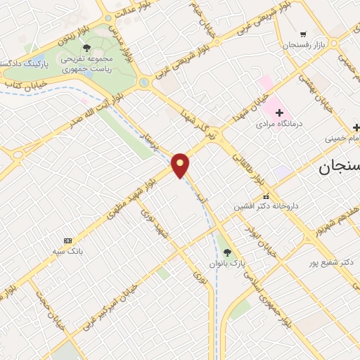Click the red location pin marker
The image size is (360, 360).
181,165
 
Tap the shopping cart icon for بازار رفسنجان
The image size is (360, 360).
303,33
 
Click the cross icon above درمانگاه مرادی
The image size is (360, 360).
279,112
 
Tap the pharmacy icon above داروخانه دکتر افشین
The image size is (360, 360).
266,196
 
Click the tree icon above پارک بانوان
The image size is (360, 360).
225,251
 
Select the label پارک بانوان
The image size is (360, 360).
225,262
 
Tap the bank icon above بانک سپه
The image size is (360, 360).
67,240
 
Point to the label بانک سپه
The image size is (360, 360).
69,250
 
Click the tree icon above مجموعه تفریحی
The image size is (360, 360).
86,48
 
